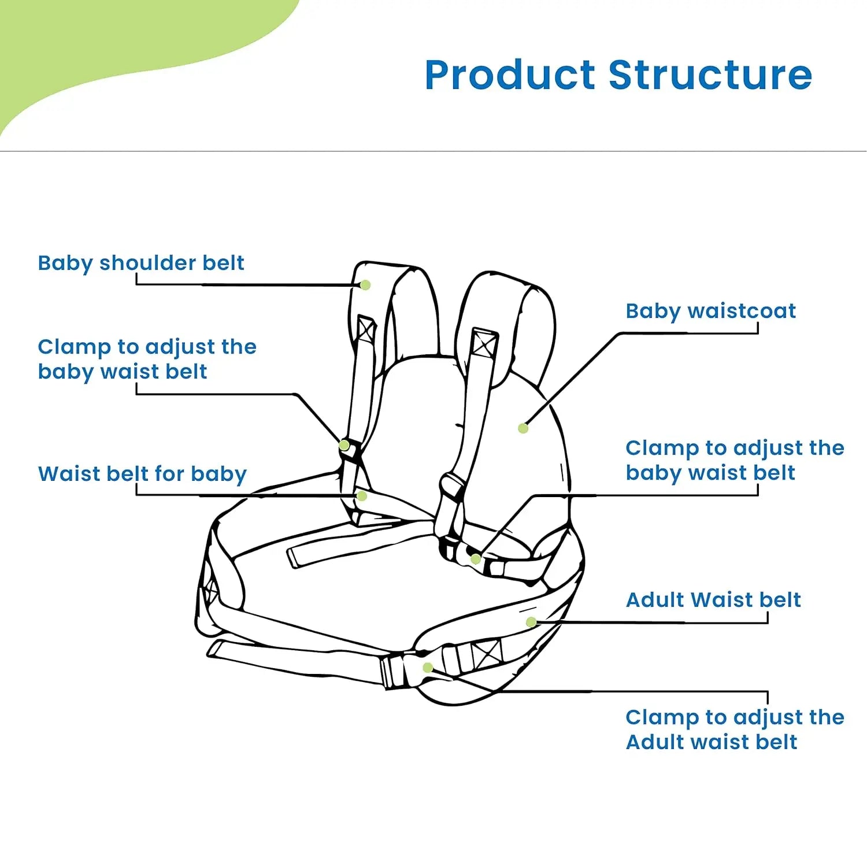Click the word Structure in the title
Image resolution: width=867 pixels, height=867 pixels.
coord(710,75)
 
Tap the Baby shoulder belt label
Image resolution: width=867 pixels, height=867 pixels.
coord(140,263)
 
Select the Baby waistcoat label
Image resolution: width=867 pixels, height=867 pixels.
coord(710,311)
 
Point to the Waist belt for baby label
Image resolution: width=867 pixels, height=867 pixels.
coord(142,474)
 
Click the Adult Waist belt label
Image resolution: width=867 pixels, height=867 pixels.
coord(713,600)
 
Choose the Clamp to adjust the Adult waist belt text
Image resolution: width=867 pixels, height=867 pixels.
coord(734,729)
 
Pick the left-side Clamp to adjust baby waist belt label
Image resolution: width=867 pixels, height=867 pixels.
coord(147,359)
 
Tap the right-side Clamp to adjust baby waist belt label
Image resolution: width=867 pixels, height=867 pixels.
coord(734,460)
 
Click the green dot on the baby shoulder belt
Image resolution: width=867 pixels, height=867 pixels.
coord(365,285)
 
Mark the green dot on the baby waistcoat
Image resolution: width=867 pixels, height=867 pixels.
coord(523,428)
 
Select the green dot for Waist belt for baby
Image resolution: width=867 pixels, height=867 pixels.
coord(362,496)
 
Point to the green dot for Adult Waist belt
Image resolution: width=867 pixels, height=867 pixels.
coord(531,622)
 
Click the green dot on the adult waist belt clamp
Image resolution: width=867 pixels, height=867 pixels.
coord(428,668)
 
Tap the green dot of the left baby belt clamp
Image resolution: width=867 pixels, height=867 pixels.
coord(344,446)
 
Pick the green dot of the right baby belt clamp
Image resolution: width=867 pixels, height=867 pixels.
coord(476,559)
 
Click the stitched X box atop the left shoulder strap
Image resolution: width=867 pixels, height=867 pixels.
coord(366,329)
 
